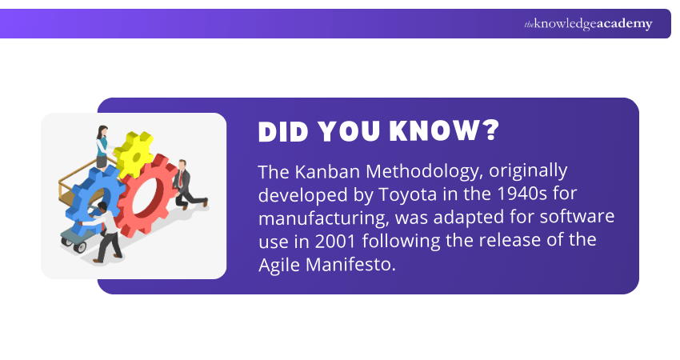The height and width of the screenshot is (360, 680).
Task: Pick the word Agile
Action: (x=277, y=265)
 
